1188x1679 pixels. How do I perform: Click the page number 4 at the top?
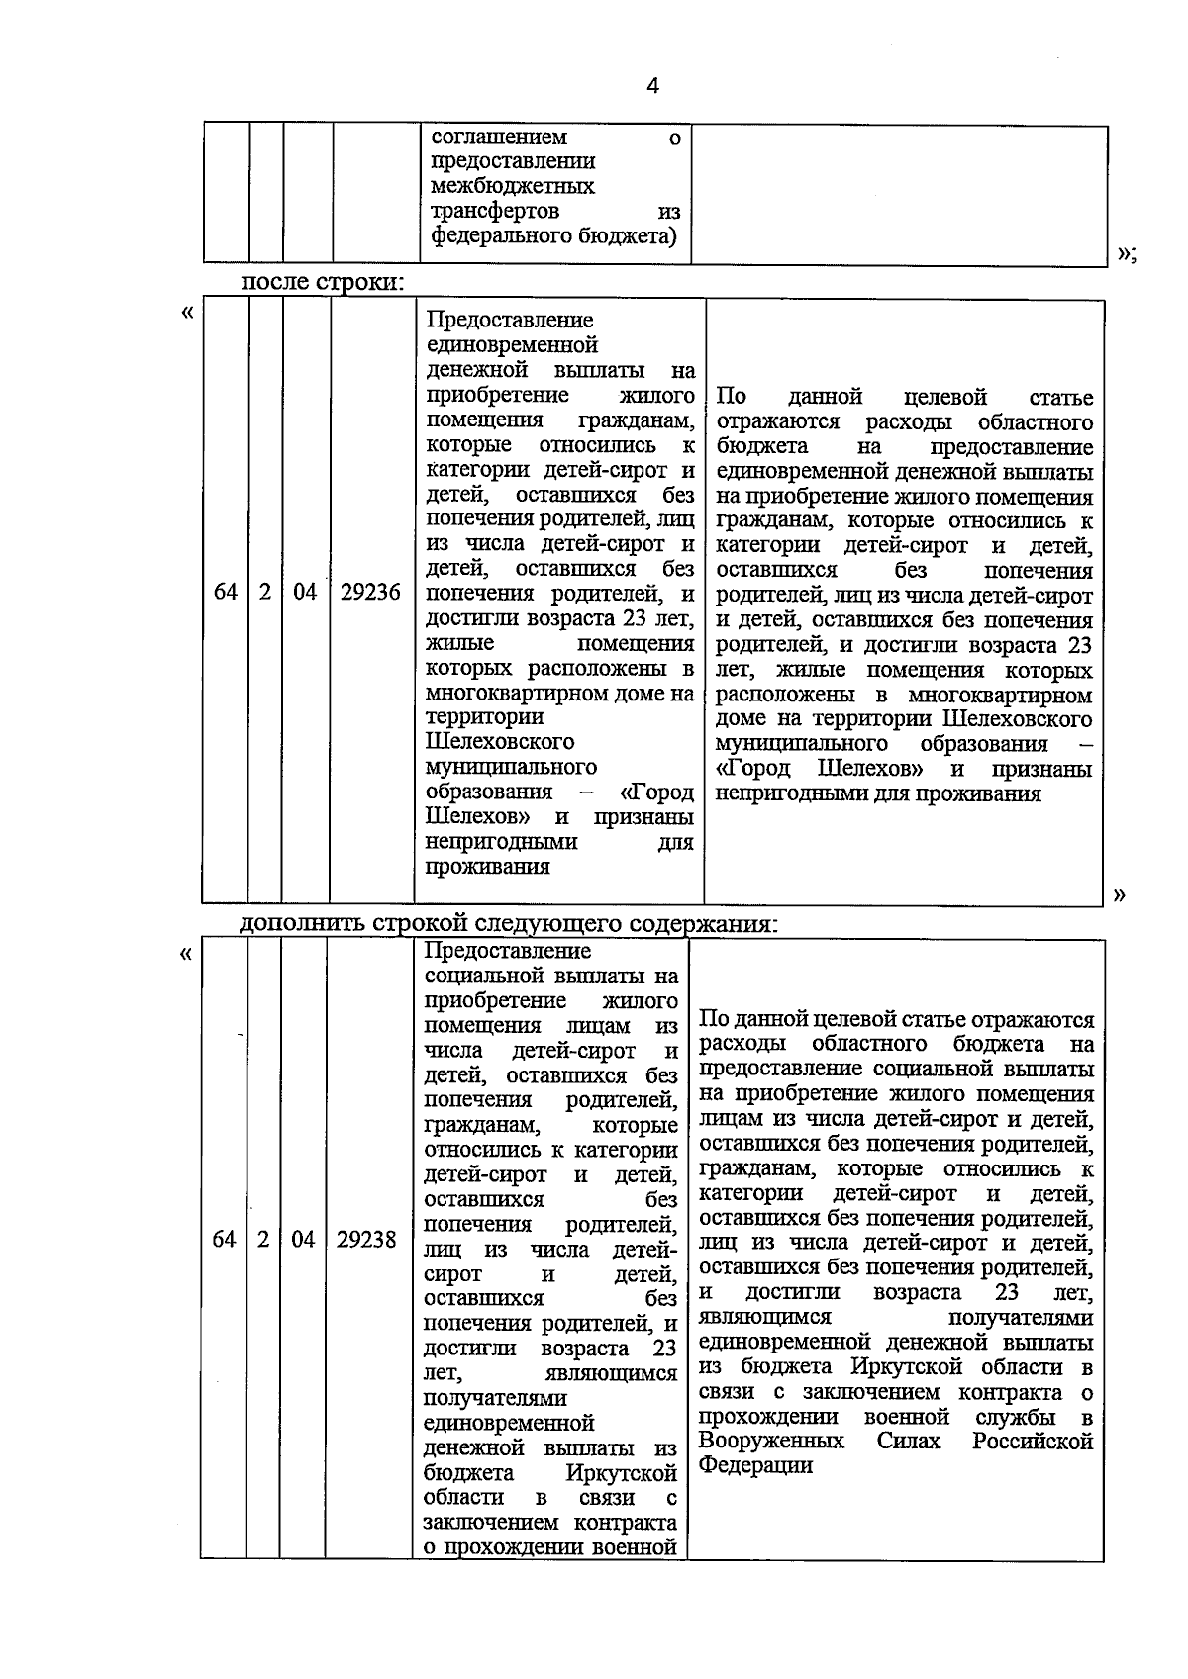click(652, 86)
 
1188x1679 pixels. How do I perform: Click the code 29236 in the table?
click(370, 592)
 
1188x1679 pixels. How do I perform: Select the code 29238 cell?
click(365, 1239)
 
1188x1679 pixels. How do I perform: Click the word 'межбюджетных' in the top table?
click(513, 186)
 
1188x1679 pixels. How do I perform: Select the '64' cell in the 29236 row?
click(226, 592)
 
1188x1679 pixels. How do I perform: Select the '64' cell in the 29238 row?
click(224, 1239)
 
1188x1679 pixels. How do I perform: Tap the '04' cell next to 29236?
click(305, 592)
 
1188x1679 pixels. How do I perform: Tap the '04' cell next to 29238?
click(303, 1239)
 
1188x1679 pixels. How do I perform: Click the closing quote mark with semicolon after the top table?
click(1127, 254)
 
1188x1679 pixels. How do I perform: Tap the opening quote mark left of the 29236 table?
click(187, 314)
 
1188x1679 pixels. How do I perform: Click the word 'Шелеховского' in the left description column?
click(500, 741)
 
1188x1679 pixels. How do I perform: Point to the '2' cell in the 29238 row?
click(263, 1239)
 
